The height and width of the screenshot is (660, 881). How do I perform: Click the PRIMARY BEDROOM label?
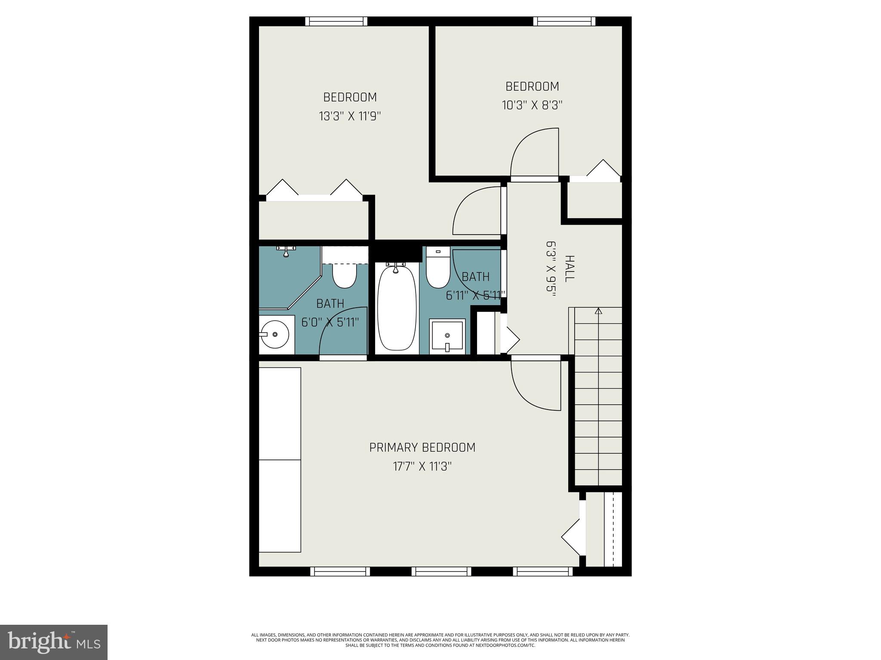pyautogui.click(x=422, y=448)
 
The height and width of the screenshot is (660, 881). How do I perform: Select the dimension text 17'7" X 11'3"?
pyautogui.click(x=422, y=466)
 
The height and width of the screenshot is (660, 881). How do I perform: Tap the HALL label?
pyautogui.click(x=569, y=269)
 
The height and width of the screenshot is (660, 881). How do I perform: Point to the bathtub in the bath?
pyautogui.click(x=397, y=309)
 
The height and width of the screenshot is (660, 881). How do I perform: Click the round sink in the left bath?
pyautogui.click(x=275, y=335)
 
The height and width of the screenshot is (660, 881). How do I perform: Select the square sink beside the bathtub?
pyautogui.click(x=447, y=336)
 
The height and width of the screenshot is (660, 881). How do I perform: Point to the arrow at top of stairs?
pyautogui.click(x=598, y=311)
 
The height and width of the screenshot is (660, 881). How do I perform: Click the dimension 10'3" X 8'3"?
pyautogui.click(x=532, y=105)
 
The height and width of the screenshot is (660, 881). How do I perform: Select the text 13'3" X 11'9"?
pyautogui.click(x=350, y=116)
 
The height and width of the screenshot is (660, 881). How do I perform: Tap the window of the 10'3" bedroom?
pyautogui.click(x=564, y=21)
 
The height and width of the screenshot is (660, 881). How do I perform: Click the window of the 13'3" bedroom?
pyautogui.click(x=336, y=21)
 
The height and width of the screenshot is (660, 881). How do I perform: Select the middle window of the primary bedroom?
pyautogui.click(x=441, y=571)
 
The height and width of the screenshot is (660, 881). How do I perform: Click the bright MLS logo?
pyautogui.click(x=54, y=643)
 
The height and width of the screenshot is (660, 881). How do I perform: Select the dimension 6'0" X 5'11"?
pyautogui.click(x=330, y=322)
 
